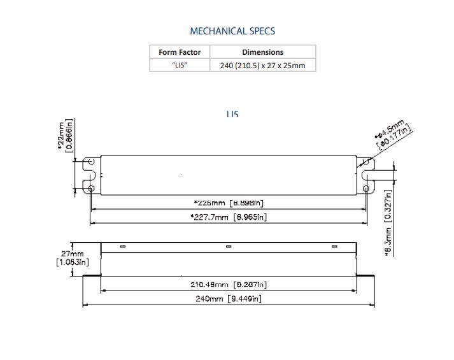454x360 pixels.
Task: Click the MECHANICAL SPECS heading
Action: (232, 31)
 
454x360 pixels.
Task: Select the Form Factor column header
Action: (180, 52)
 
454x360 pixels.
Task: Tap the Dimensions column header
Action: (262, 52)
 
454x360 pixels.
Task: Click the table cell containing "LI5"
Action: (180, 65)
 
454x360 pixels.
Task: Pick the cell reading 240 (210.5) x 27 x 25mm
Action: (262, 66)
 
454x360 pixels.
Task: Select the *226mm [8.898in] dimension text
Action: (229, 203)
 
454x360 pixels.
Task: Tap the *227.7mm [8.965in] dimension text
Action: (229, 217)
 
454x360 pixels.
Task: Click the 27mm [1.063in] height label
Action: (72, 257)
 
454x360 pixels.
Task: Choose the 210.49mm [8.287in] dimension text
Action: (229, 284)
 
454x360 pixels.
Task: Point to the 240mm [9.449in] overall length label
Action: (229, 299)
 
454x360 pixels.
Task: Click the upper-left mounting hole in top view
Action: (91, 162)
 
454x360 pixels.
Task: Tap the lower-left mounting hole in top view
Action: (91, 189)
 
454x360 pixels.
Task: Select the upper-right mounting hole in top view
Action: (366, 162)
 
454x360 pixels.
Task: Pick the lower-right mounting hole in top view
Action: (366, 189)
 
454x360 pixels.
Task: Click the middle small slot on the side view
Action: (229, 247)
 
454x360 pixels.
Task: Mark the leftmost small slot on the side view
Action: (123, 247)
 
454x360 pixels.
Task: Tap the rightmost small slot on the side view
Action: (334, 247)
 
